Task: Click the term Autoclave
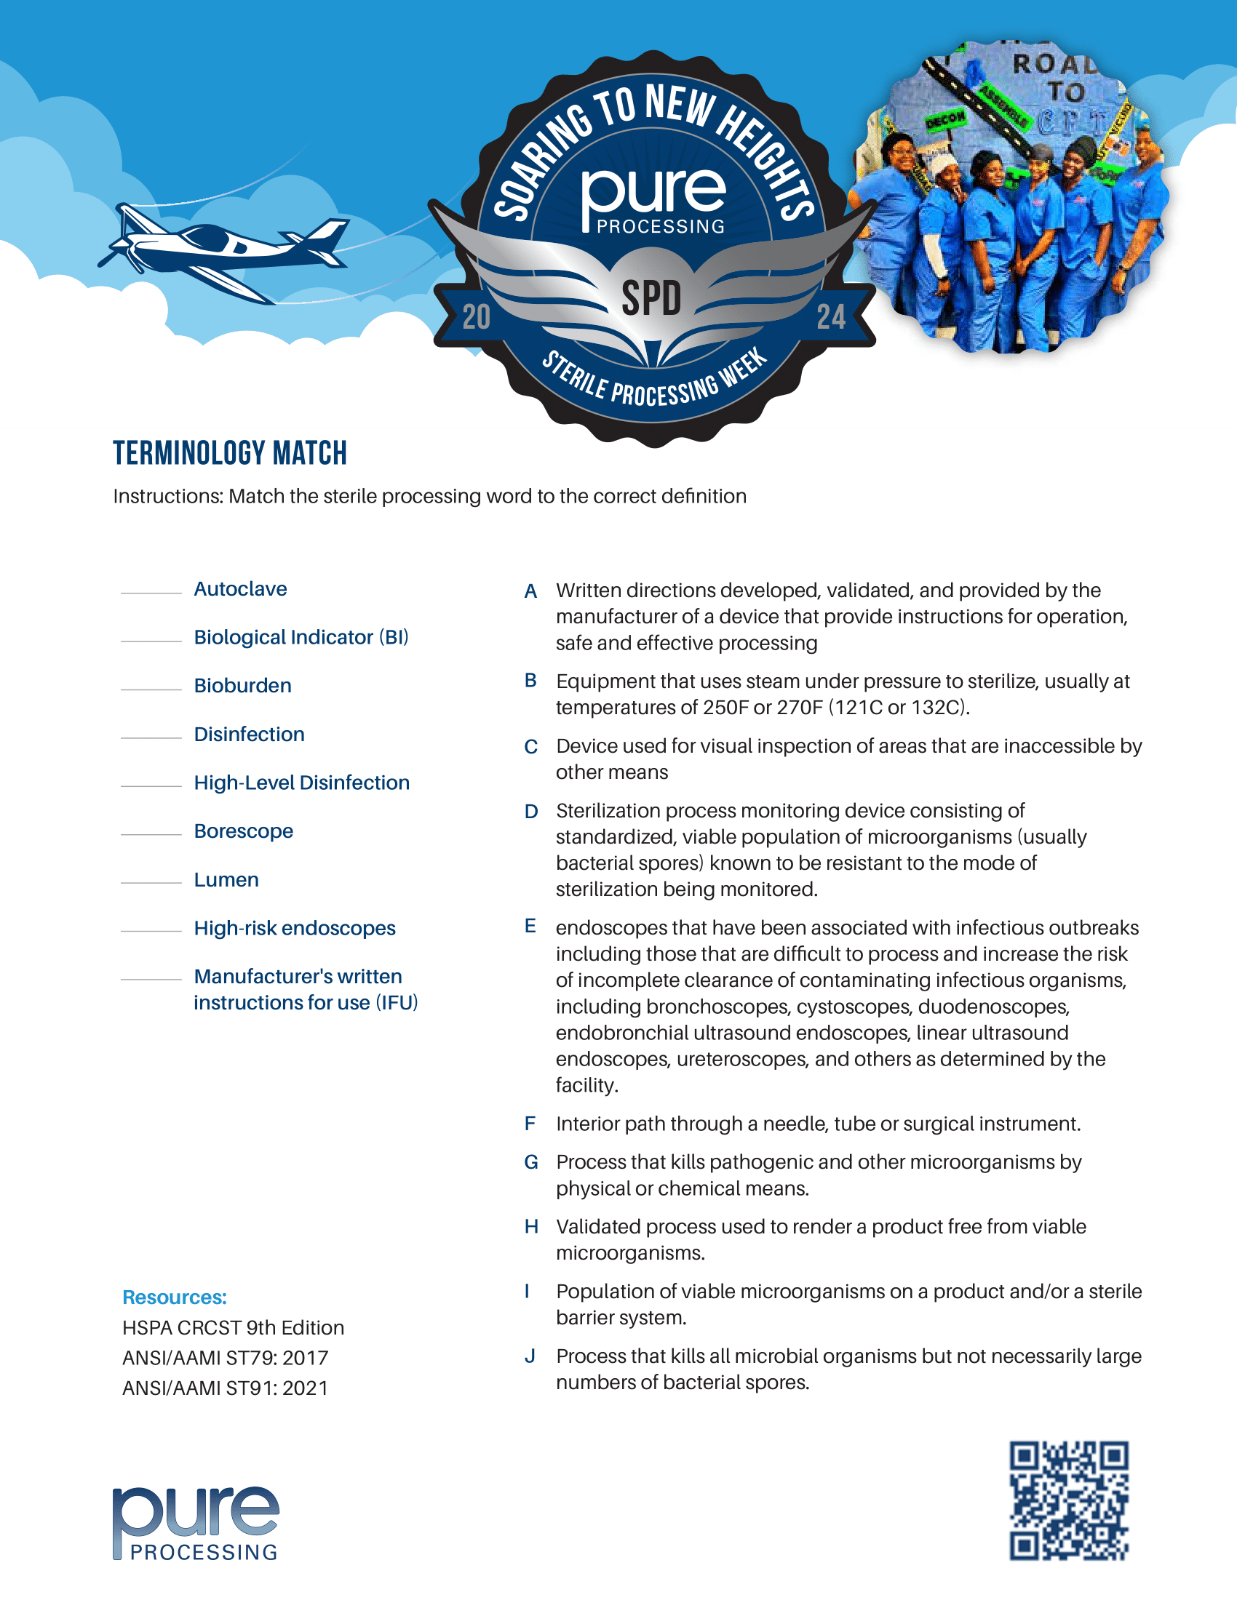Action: click(239, 589)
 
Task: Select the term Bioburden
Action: click(242, 686)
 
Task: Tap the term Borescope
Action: click(243, 831)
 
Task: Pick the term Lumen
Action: click(226, 879)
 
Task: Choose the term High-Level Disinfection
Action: click(301, 783)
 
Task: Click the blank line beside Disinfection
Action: click(151, 737)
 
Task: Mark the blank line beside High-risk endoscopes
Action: click(151, 930)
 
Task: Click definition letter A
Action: click(530, 591)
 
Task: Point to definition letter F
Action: click(530, 1123)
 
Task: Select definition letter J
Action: click(529, 1356)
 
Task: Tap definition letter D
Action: click(530, 811)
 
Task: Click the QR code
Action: click(1068, 1500)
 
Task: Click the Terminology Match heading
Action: click(229, 453)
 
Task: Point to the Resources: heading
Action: click(175, 1297)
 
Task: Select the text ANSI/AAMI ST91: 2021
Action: click(225, 1388)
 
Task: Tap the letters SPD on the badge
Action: click(651, 299)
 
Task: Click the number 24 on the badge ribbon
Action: click(831, 317)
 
